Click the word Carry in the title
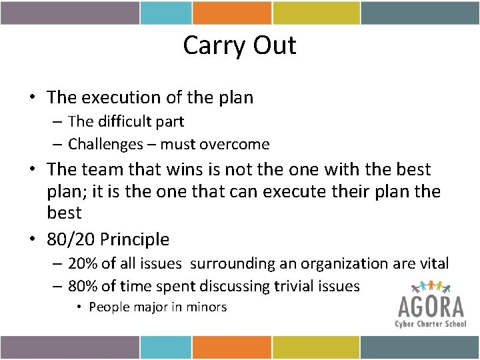[x=211, y=46]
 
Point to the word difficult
[x=123, y=122]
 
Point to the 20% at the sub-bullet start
[x=82, y=264]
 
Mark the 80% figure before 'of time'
[x=82, y=286]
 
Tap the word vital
[x=433, y=264]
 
